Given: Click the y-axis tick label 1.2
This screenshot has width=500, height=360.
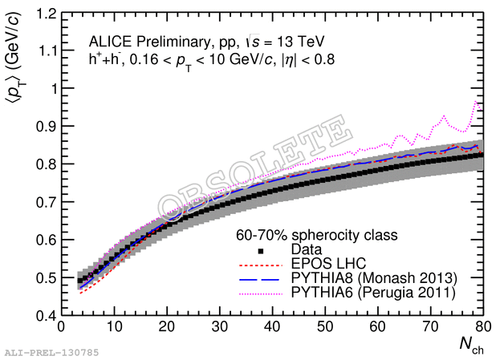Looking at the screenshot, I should pos(47,14).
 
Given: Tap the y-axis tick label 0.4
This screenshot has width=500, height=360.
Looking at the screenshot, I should pos(47,315).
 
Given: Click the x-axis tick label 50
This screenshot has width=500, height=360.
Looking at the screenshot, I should pos(325,328).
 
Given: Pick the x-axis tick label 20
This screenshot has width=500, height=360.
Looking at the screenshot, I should pos(166,328).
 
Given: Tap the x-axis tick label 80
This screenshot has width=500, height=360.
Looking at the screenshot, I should pos(482,328).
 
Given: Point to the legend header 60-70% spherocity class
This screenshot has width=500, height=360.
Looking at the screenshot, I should pos(316,237).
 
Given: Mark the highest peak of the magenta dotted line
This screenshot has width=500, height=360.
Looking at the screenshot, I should pos(477,102).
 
